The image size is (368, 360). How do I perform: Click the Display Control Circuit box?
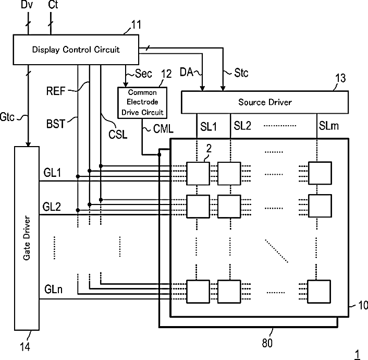(x=76, y=50)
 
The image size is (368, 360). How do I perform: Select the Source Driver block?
(x=265, y=102)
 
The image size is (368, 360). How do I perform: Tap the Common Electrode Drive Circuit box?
(x=142, y=102)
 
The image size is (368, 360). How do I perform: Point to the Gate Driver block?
(x=27, y=238)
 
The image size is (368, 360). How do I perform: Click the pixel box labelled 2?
(x=198, y=173)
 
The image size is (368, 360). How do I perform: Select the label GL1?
(x=52, y=173)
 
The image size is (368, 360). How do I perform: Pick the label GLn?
(x=53, y=289)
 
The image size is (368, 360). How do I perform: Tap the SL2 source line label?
(x=242, y=126)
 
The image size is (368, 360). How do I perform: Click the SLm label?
(x=328, y=126)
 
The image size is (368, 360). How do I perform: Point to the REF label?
(x=56, y=91)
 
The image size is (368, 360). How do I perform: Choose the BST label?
(x=56, y=124)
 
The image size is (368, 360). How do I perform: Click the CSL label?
(x=118, y=135)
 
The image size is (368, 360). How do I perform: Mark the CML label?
(x=163, y=129)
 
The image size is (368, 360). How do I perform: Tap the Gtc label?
(x=7, y=117)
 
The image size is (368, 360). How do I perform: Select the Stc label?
(x=241, y=73)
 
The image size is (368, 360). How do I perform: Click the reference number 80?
(x=267, y=343)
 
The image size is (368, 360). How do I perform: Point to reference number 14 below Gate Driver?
(x=25, y=346)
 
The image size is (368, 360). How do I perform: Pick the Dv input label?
(x=27, y=5)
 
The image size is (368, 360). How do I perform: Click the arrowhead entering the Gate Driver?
(x=28, y=144)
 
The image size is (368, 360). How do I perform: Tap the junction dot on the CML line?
(x=159, y=154)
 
